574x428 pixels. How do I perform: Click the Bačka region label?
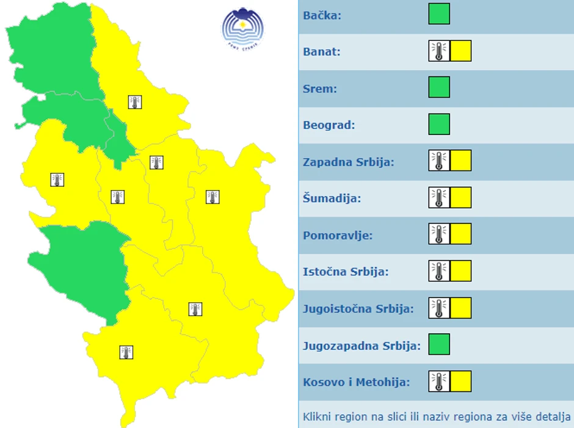[x=322, y=15]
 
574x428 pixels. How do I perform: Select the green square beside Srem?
[x=439, y=87]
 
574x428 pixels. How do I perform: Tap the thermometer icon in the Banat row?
[x=438, y=51]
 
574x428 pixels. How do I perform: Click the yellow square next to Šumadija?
[x=461, y=198]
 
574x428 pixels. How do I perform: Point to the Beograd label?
[x=329, y=125]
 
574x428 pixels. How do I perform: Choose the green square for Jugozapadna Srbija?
[x=439, y=344]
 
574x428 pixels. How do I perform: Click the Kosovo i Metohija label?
[x=356, y=382]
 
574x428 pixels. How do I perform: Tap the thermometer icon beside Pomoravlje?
[x=438, y=234]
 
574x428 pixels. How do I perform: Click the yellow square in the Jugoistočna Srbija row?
[x=461, y=308]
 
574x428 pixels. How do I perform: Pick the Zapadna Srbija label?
[x=349, y=162]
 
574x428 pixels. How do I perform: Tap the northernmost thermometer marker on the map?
[x=135, y=102]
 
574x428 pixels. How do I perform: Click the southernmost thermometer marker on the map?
[x=126, y=352]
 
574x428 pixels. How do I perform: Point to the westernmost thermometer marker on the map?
[x=57, y=180]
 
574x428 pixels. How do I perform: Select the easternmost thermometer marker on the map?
[x=213, y=197]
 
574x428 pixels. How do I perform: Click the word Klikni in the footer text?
[x=318, y=418]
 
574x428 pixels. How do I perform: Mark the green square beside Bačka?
[x=439, y=14]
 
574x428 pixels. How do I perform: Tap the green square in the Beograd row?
[x=439, y=125]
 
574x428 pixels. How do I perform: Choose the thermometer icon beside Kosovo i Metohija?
[x=438, y=381]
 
